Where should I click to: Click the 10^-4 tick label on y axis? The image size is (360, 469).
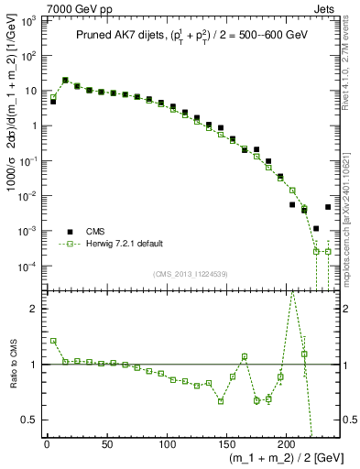tap(27, 267)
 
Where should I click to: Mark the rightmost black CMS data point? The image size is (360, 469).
tap(328, 207)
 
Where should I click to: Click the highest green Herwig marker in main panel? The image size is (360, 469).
tap(65, 81)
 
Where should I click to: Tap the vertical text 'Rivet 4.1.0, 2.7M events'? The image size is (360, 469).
tap(352, 69)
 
